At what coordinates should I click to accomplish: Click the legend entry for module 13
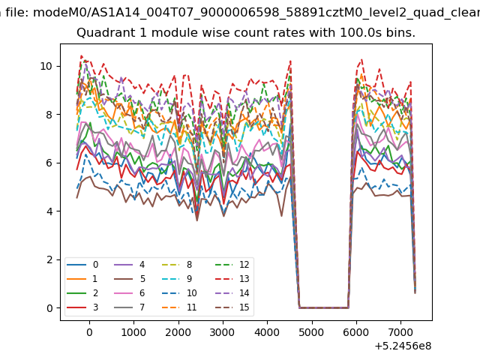232,278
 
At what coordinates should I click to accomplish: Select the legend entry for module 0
82,265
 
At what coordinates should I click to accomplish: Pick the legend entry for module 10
179,293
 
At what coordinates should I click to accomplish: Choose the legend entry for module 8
177,265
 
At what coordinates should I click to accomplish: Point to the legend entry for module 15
232,307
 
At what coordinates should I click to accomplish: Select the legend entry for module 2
82,293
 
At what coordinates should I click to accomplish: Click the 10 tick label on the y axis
46,66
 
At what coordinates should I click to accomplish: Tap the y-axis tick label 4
49,211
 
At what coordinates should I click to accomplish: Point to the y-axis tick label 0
49,308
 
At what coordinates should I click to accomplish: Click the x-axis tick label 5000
312,332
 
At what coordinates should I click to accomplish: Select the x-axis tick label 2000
178,332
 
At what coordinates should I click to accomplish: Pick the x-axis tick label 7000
400,332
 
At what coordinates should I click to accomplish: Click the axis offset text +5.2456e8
403,346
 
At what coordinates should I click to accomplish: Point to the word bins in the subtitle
400,32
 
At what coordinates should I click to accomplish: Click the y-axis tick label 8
49,115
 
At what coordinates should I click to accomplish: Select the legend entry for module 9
177,278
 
